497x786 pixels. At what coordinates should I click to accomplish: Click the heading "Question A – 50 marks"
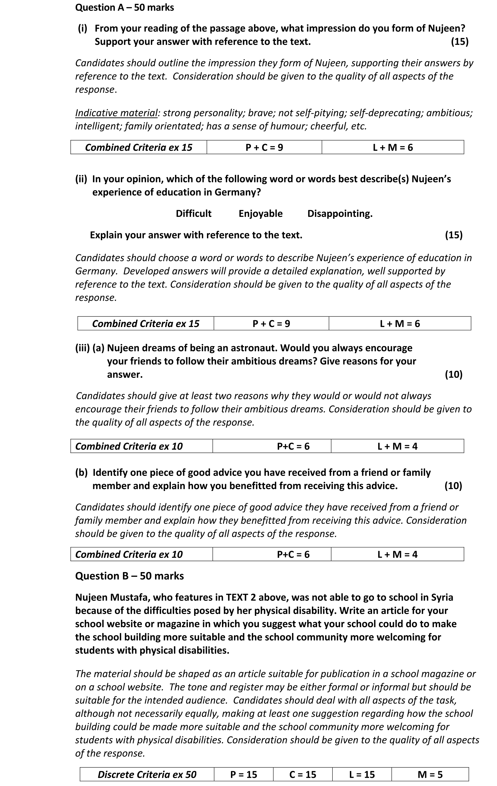click(x=124, y=7)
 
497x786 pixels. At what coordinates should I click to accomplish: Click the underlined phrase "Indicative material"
click(x=116, y=113)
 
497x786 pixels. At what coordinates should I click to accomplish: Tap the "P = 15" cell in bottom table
click(x=244, y=774)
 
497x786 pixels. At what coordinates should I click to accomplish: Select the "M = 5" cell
click(x=430, y=774)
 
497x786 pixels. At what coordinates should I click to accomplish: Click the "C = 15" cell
click(x=303, y=774)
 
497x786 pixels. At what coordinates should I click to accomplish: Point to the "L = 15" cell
click(x=362, y=774)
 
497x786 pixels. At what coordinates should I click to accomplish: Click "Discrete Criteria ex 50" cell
click(x=147, y=774)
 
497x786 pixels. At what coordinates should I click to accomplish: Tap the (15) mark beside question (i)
click(x=460, y=42)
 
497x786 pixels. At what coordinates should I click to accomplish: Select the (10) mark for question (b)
click(x=453, y=486)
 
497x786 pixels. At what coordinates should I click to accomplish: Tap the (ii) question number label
click(x=81, y=179)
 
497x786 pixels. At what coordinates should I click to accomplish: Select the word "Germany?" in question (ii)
click(x=237, y=192)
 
